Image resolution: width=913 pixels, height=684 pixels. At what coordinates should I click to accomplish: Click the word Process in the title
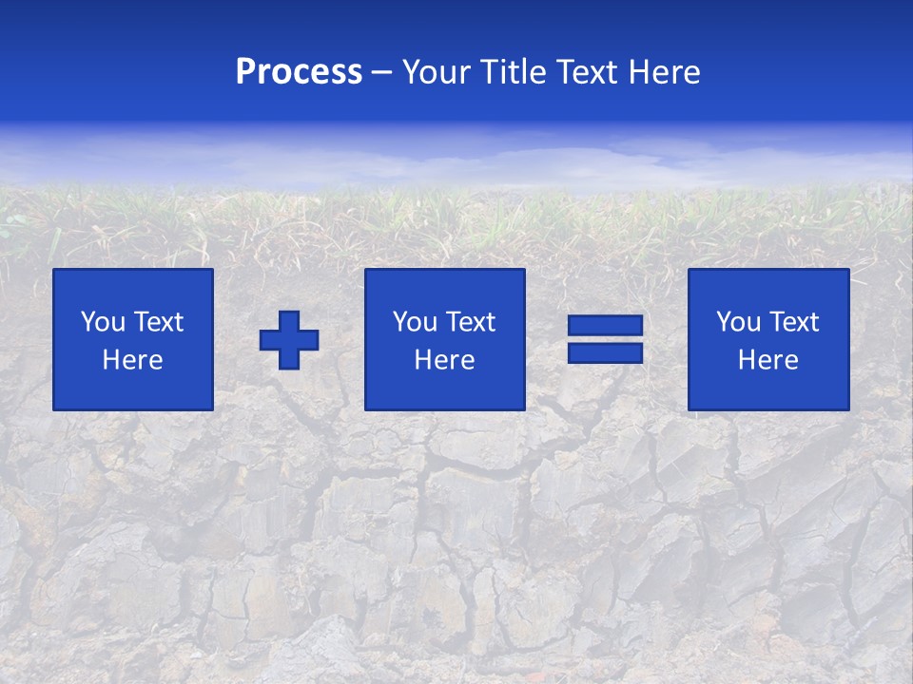[x=299, y=72]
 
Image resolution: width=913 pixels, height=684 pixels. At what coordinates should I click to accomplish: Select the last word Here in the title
[x=665, y=72]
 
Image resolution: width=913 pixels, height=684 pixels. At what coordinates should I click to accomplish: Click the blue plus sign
[x=289, y=340]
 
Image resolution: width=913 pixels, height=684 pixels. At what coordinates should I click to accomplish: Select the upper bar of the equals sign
[x=605, y=326]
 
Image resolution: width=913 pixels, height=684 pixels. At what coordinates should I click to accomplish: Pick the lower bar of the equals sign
[x=605, y=352]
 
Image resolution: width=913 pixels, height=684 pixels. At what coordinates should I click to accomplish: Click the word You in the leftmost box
[x=103, y=322]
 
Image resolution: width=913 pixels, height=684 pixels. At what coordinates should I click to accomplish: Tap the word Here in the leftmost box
[x=133, y=360]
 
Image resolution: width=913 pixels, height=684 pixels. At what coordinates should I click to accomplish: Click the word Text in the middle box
[x=471, y=322]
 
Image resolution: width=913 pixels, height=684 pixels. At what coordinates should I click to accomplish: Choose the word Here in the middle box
[x=445, y=360]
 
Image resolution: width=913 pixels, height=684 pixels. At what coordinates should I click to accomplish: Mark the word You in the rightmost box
[x=738, y=322]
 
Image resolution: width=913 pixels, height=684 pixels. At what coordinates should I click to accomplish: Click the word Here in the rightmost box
[x=768, y=360]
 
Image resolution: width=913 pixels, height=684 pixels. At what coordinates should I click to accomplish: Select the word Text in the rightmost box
[x=794, y=322]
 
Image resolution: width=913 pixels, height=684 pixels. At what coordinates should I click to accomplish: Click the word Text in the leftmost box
[x=159, y=322]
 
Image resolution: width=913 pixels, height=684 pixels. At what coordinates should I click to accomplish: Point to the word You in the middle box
[x=415, y=322]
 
